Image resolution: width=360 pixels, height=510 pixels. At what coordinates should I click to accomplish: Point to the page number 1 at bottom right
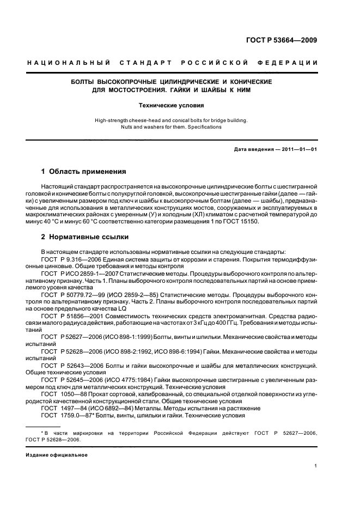[316, 466]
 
